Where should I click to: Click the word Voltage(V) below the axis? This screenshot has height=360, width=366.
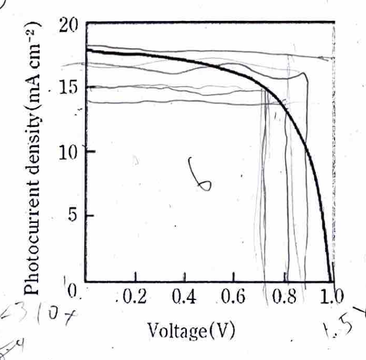pyautogui.click(x=191, y=330)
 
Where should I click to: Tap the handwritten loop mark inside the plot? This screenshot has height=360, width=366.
pyautogui.click(x=200, y=175)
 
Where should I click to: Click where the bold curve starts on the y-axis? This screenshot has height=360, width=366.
pyautogui.click(x=87, y=51)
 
